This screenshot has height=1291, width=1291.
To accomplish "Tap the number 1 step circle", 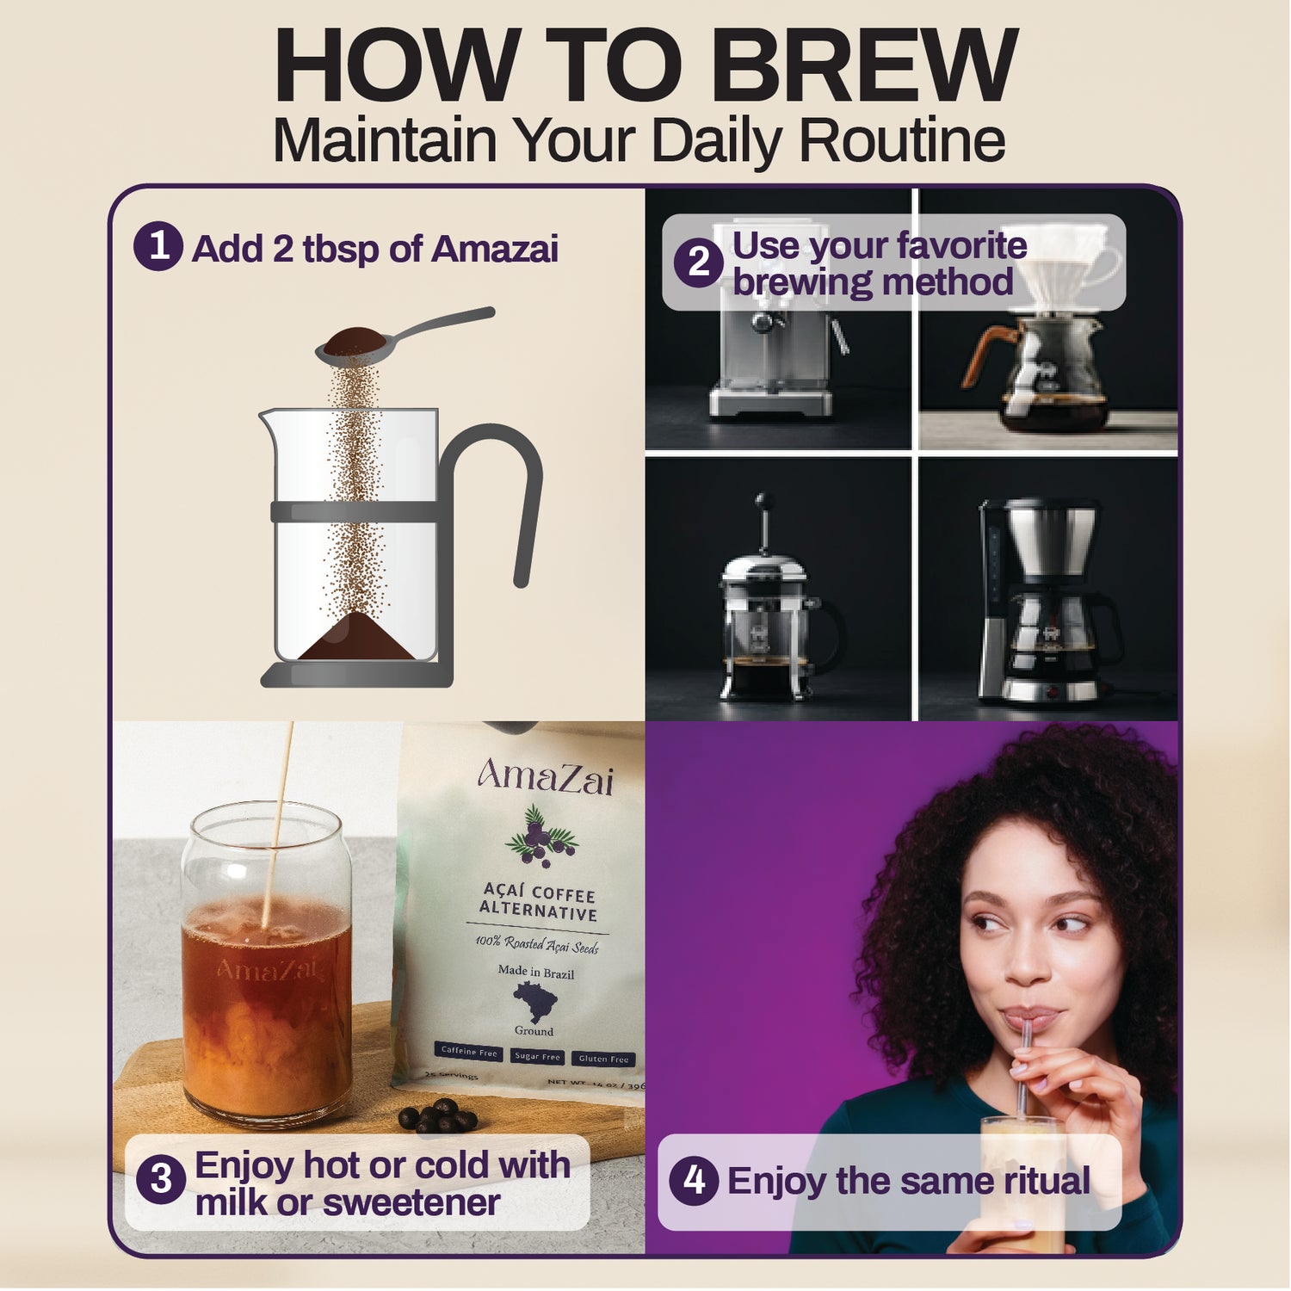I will click(158, 247).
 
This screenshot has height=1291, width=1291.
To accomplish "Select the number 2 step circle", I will click(698, 263).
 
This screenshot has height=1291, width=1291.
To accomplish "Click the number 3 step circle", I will click(161, 1179).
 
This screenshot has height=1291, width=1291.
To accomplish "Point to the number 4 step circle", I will click(694, 1180).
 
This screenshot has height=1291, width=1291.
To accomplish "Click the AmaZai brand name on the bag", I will click(546, 777).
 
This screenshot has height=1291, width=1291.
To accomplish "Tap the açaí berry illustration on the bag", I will click(540, 835).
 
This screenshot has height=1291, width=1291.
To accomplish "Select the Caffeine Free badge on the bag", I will click(469, 1052).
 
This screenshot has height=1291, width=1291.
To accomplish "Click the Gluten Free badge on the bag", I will click(603, 1059).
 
